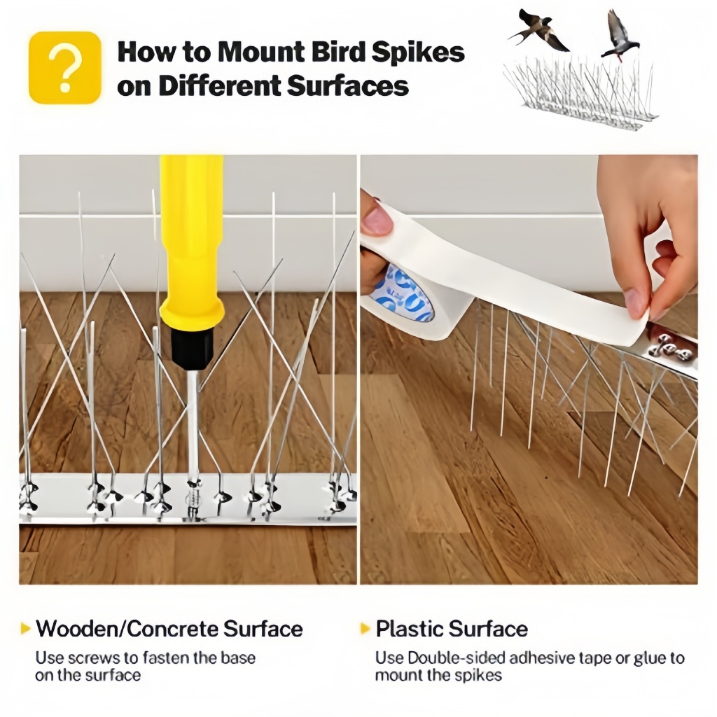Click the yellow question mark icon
65,68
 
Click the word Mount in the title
259,52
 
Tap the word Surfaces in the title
348,85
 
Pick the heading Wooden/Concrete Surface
169,629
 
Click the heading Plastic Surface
452,629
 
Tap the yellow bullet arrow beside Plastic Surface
365,628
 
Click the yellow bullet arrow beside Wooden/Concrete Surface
26,628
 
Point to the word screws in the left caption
95,658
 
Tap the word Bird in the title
336,52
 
